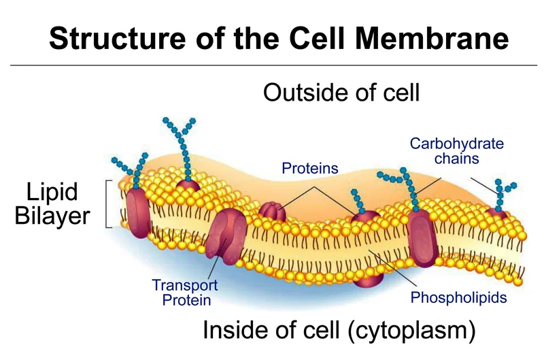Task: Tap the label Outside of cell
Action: point(341,93)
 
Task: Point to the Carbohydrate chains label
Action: point(456,151)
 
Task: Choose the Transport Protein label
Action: point(181,292)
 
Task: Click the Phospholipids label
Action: point(459,298)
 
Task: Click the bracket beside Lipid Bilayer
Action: point(109,203)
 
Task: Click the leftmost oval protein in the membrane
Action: point(139,212)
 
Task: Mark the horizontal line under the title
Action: point(272,65)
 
